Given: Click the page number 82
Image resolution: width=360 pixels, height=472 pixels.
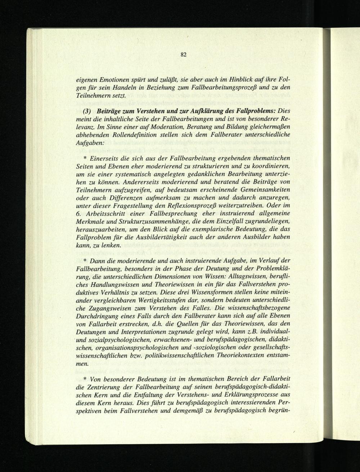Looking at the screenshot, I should tap(184, 55).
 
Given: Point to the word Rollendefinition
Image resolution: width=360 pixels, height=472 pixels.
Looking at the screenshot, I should tap(116, 134).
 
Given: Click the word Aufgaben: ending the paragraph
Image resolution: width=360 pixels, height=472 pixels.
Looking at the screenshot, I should tap(91, 143).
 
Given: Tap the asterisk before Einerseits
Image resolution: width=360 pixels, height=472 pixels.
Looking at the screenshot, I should tap(85, 159).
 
